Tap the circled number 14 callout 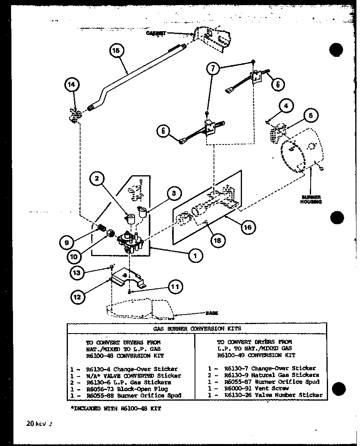tap(73, 84)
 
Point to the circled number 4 tap(286, 106)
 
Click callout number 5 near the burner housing tap(311, 116)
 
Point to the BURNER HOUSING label tap(311, 199)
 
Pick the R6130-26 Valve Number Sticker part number tap(238, 395)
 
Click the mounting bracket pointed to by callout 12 tap(126, 278)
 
